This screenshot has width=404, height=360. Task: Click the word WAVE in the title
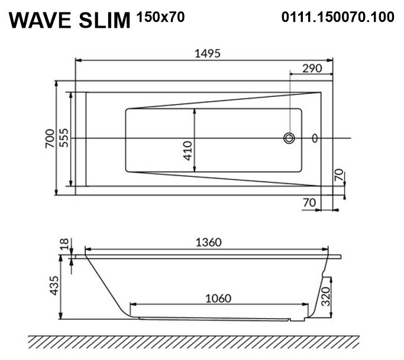click(x=40, y=20)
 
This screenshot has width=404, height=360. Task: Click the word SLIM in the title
click(x=105, y=20)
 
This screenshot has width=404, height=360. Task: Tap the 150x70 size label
click(x=160, y=17)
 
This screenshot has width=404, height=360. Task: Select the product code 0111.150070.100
click(x=338, y=17)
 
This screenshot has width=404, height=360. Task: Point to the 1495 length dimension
click(x=208, y=54)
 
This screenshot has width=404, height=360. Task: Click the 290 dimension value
click(x=312, y=69)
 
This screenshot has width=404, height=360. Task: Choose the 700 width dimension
click(x=50, y=138)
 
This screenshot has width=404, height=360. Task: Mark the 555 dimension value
click(x=64, y=138)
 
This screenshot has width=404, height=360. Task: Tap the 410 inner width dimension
click(x=188, y=151)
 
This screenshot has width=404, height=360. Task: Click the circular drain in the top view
click(x=289, y=138)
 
